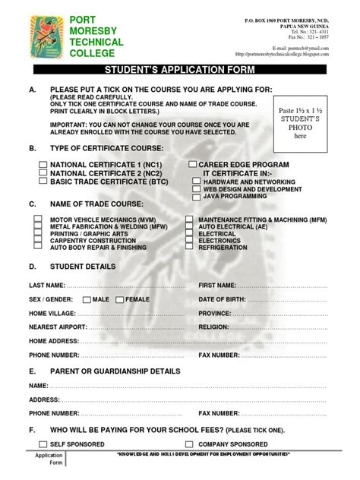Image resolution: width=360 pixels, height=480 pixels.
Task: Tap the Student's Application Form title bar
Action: [x=180, y=68]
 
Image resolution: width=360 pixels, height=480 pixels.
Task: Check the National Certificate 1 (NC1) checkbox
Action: [x=43, y=165]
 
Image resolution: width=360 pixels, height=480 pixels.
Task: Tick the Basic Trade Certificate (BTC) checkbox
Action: [x=43, y=182]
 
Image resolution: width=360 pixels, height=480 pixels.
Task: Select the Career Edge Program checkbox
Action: [x=193, y=165]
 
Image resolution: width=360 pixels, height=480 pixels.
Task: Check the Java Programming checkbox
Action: [x=197, y=197]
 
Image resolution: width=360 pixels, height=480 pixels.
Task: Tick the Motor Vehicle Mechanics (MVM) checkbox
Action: [x=37, y=219]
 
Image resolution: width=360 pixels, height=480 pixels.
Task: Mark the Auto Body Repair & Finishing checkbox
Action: [x=37, y=248]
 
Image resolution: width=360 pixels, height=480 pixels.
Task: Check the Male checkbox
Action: [x=87, y=299]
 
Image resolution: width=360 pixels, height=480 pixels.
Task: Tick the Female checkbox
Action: [x=121, y=299]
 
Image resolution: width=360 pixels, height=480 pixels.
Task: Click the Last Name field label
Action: [x=46, y=285]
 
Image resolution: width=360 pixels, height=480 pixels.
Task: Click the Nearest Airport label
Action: [x=57, y=327]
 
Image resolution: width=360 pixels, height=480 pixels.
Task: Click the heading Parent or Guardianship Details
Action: [x=115, y=371]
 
